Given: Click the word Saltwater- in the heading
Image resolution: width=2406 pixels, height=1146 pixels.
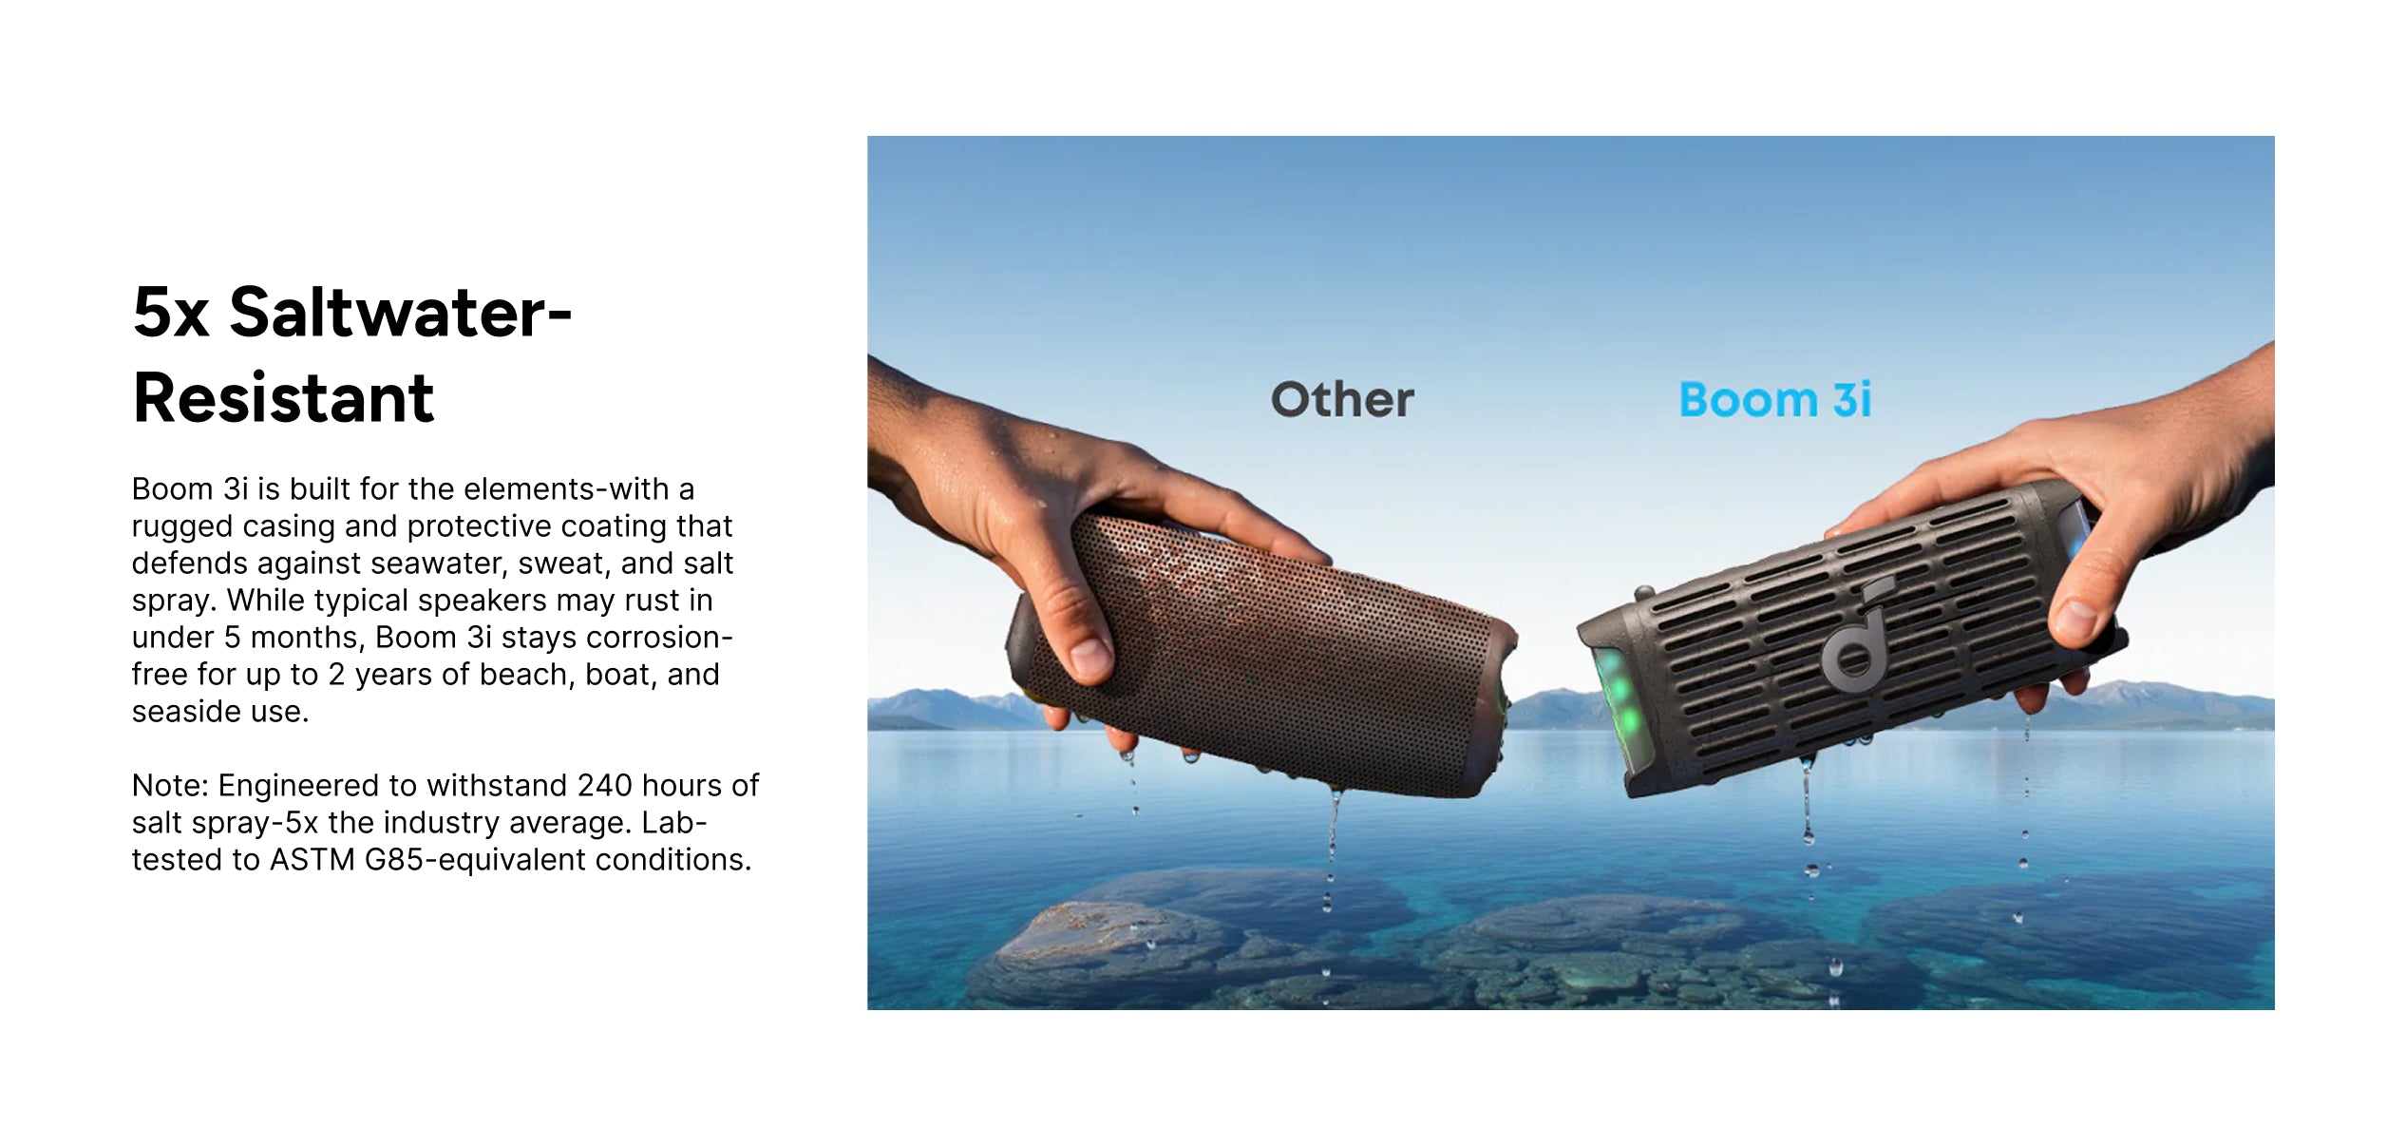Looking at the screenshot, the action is click(400, 312).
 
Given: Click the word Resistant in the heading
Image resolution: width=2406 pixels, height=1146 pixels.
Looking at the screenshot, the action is click(283, 397).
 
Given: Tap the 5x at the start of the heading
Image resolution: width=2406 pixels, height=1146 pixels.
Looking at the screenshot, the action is click(171, 313).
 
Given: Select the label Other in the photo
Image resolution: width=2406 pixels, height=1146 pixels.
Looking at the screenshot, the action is click(1342, 400).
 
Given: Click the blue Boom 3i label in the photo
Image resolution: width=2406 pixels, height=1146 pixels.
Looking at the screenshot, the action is click(1775, 400).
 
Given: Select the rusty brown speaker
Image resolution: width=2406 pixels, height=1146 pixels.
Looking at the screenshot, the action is click(1259, 656).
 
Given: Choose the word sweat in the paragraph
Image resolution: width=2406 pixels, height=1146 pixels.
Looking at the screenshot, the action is click(564, 563).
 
